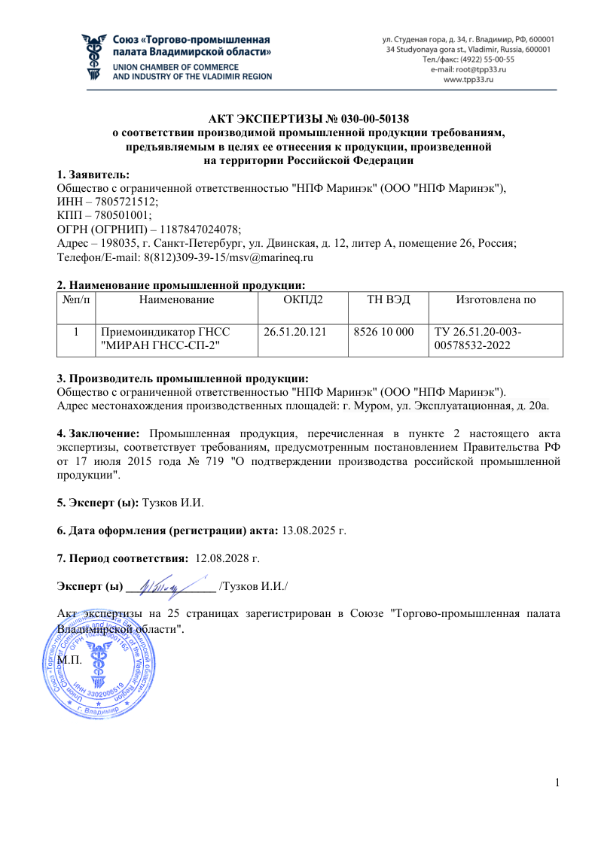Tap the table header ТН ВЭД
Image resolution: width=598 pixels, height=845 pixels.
(x=388, y=300)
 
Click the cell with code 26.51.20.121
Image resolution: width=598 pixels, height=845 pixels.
(x=294, y=332)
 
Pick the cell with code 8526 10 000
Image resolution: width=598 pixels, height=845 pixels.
(x=383, y=332)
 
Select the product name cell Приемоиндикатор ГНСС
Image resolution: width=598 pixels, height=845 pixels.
(x=165, y=332)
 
